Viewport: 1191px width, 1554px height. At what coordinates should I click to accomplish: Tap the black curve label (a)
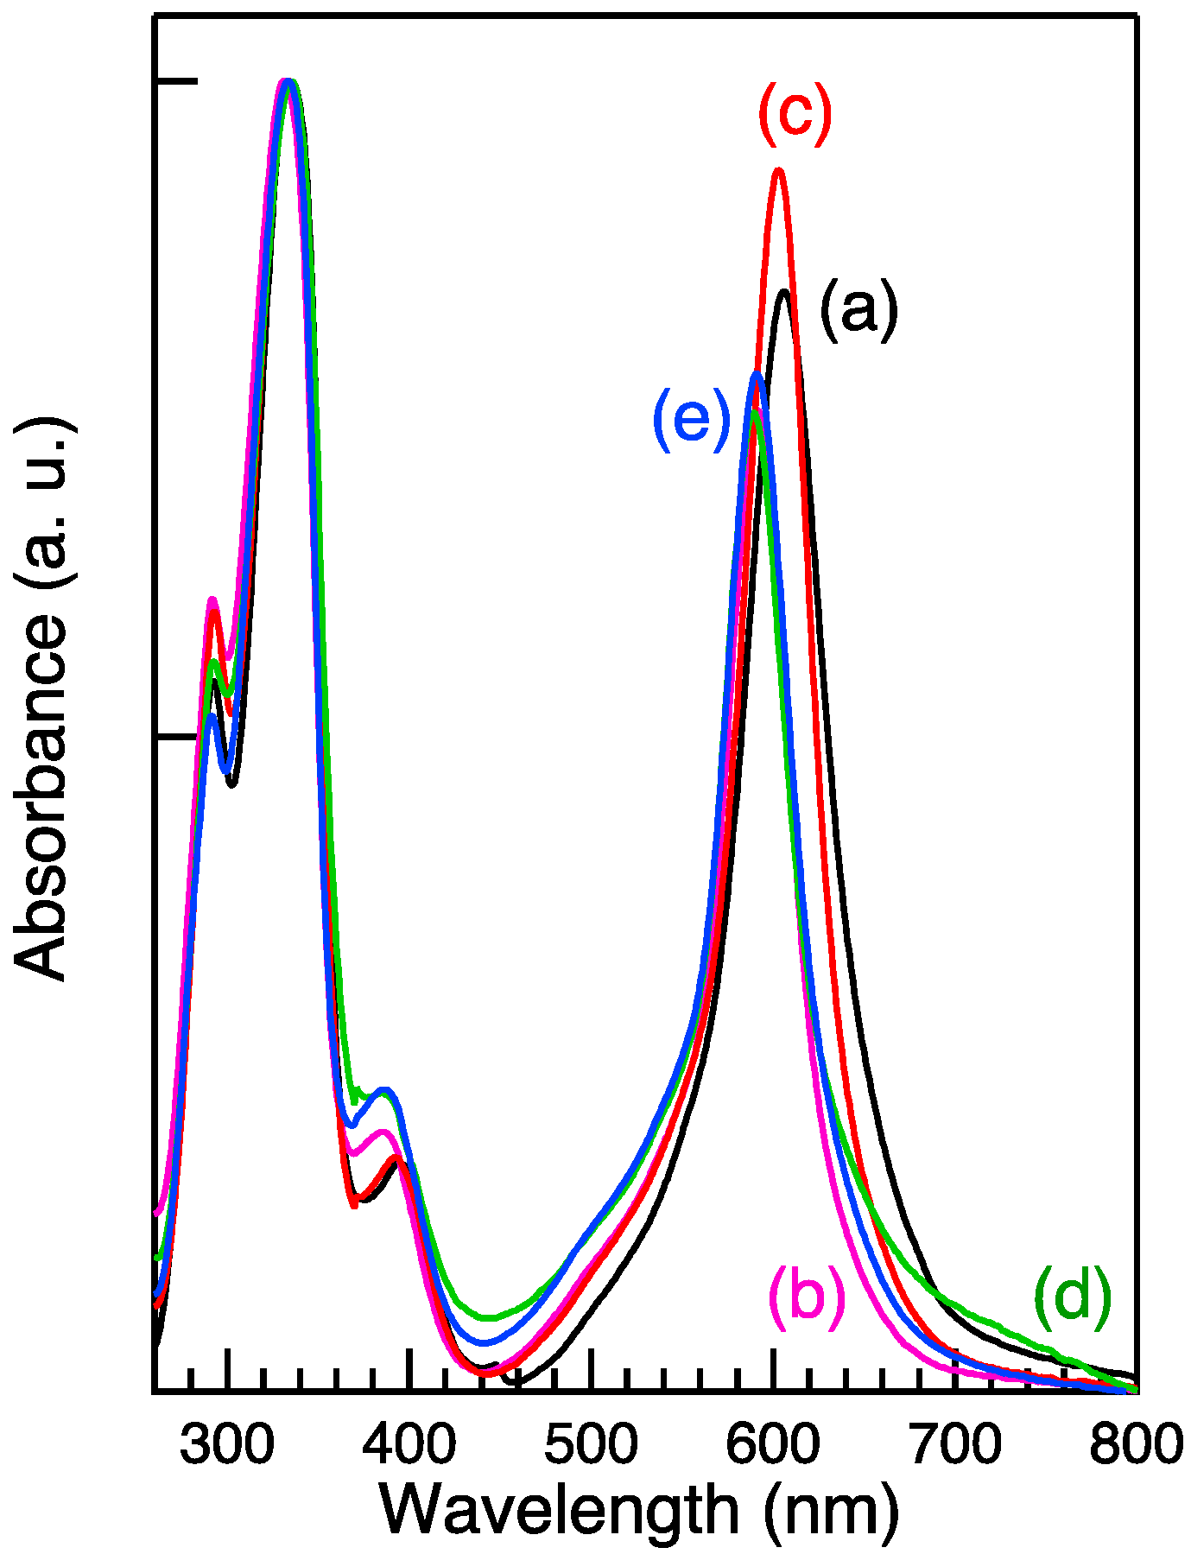pos(858,309)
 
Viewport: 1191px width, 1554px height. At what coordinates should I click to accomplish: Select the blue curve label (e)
pos(692,418)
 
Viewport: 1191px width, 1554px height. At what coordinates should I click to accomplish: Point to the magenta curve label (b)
pos(806,1297)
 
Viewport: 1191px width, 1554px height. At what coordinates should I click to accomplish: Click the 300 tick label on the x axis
pos(226,1444)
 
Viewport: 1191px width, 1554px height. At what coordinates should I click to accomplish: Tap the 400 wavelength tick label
pos(409,1444)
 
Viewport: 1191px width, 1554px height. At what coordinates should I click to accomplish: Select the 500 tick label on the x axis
pos(591,1444)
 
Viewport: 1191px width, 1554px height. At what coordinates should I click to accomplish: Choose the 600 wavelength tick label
pos(773,1444)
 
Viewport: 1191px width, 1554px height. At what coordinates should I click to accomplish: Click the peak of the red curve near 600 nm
pos(779,171)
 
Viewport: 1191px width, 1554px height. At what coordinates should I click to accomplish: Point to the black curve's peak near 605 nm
pos(785,292)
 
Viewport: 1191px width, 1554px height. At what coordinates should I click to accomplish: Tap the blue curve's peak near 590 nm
pos(757,374)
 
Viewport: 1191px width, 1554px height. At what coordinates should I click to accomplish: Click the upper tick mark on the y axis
pos(176,81)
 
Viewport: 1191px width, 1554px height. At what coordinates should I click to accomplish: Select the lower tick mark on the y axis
pos(176,736)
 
